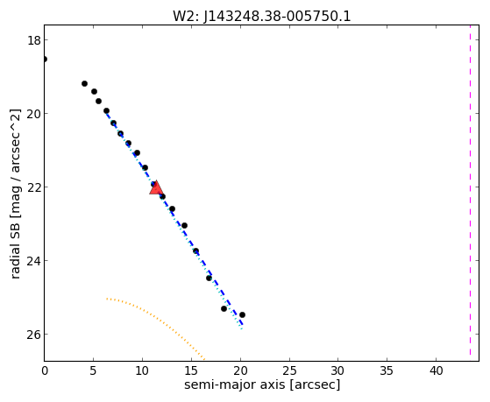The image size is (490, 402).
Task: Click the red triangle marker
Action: point(156,187)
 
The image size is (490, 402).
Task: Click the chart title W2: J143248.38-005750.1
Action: point(262,17)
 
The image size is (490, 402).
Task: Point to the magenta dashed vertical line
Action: point(470,190)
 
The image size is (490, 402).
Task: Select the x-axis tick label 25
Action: point(289,370)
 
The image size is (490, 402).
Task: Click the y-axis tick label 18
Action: point(33,40)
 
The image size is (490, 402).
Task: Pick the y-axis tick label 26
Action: point(33,335)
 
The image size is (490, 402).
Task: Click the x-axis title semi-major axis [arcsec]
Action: point(262,384)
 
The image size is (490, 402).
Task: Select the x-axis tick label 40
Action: point(437,370)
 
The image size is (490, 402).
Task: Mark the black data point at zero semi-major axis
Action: point(45,59)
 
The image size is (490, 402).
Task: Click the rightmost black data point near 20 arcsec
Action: point(242,314)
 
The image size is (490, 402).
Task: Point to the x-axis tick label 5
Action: point(93,370)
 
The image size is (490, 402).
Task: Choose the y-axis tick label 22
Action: point(33,187)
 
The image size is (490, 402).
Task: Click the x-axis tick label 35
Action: point(387,370)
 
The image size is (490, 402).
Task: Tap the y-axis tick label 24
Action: point(33,261)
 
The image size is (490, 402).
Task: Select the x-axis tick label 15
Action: point(191,370)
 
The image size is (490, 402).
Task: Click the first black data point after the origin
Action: point(84,84)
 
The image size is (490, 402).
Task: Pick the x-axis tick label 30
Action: point(338,370)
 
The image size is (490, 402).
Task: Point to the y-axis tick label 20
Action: point(33,114)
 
